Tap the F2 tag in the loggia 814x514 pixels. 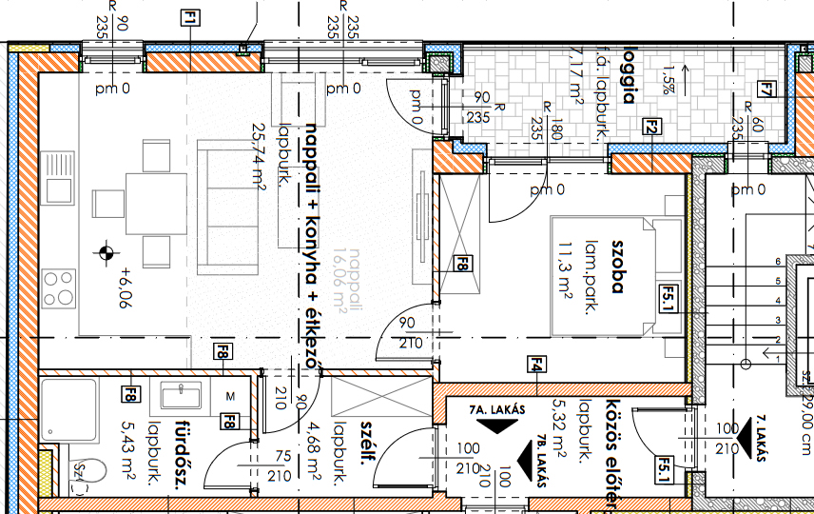(651, 125)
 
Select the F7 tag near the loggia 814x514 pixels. (766, 90)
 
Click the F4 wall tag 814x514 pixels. (537, 363)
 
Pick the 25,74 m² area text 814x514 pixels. (256, 154)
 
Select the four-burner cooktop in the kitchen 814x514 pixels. (59, 288)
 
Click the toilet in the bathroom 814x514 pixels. (84, 472)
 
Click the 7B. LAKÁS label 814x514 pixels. (540, 464)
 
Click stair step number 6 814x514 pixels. (778, 261)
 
